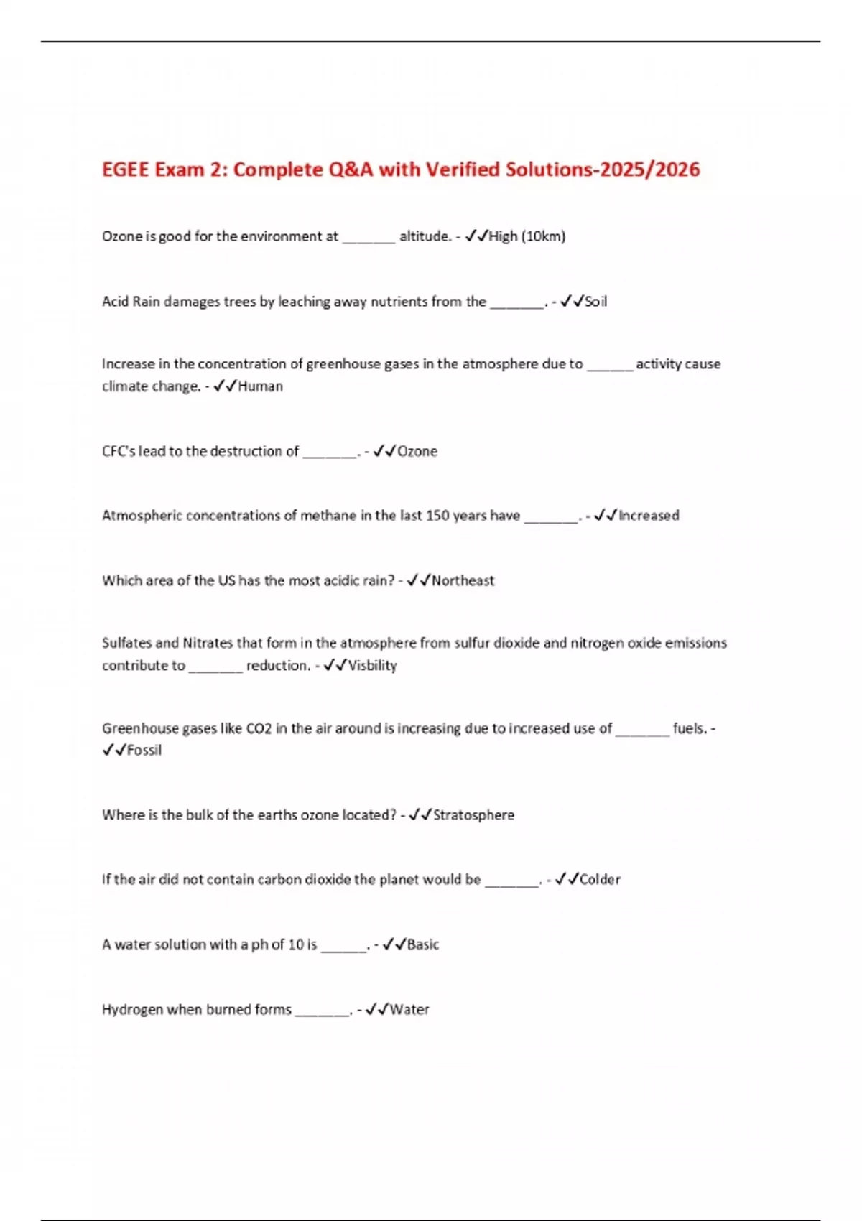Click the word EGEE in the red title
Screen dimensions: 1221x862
pos(126,170)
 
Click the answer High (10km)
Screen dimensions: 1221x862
pos(527,236)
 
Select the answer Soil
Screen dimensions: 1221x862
pos(595,302)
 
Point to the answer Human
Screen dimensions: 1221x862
pos(260,386)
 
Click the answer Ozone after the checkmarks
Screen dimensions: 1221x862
pos(417,452)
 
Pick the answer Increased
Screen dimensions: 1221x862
pos(649,516)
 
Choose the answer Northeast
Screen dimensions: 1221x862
pos(463,580)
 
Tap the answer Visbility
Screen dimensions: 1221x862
pos(372,666)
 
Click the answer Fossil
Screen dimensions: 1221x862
pos(144,751)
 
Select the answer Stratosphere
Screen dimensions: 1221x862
pos(473,815)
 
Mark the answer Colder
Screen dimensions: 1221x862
pos(600,880)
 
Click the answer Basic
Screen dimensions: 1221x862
pos(423,944)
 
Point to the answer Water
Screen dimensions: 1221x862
pos(409,1010)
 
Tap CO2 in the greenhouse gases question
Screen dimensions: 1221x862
pos(259,729)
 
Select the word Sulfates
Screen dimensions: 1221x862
pos(126,643)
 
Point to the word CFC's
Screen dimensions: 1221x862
pos(119,452)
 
